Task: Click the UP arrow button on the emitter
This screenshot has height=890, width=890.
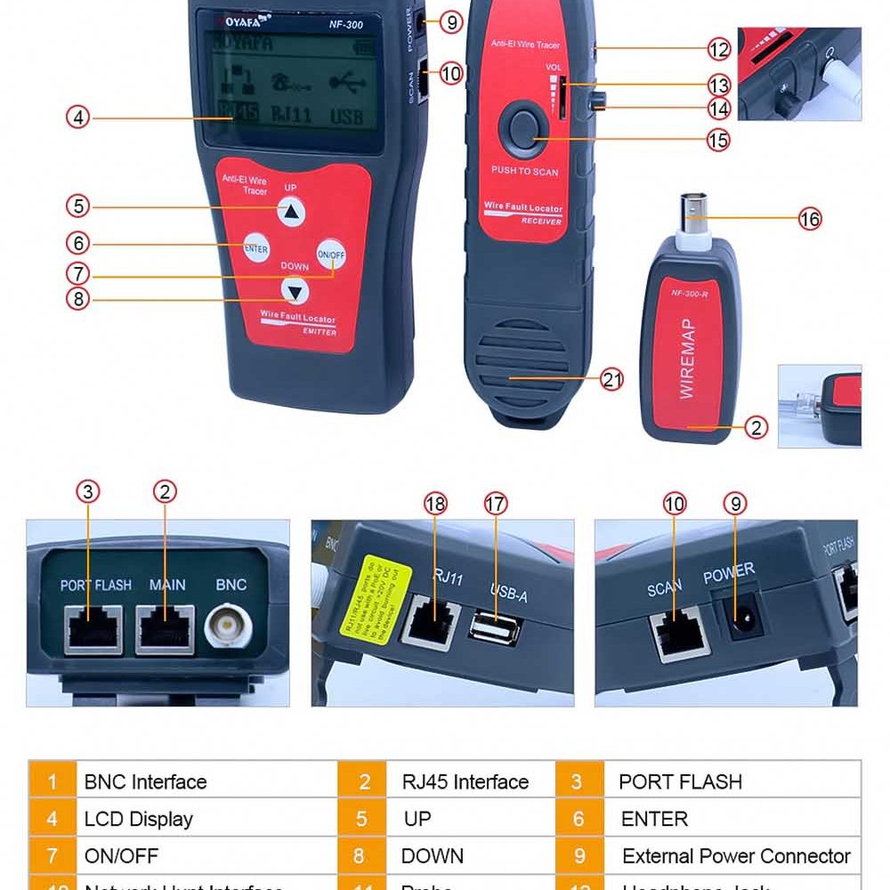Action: pyautogui.click(x=291, y=212)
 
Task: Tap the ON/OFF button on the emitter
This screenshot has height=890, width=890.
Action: pyautogui.click(x=331, y=255)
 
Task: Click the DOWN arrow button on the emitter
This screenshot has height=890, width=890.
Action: pyautogui.click(x=295, y=291)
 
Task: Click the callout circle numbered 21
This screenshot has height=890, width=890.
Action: pyautogui.click(x=611, y=380)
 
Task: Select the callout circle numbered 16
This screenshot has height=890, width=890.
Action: pyautogui.click(x=809, y=219)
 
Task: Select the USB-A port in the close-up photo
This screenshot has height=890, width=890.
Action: pyautogui.click(x=496, y=627)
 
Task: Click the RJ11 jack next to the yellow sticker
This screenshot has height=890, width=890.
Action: pyautogui.click(x=431, y=621)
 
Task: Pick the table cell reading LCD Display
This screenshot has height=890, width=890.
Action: pyautogui.click(x=138, y=819)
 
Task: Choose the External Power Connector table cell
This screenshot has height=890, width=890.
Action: pyautogui.click(x=736, y=856)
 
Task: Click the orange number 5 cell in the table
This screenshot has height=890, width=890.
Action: pyautogui.click(x=361, y=819)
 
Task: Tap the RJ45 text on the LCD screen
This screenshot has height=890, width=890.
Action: pyautogui.click(x=238, y=113)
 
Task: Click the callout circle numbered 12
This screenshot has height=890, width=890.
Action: pyautogui.click(x=718, y=50)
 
